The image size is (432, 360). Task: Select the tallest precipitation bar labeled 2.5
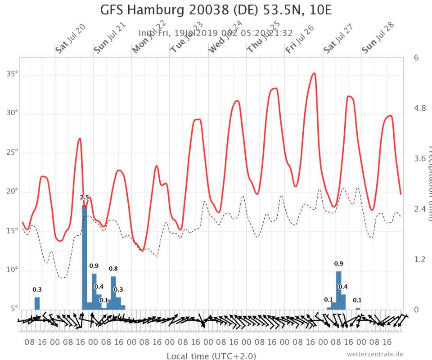(x=84, y=256)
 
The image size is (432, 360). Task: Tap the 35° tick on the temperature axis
(x=12, y=73)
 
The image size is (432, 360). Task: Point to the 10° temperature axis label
(x=12, y=270)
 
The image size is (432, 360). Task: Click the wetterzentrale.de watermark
(x=375, y=354)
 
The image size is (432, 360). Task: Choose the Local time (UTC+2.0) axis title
(x=211, y=356)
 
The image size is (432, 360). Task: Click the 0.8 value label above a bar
(x=113, y=269)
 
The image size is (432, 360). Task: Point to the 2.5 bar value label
(x=84, y=198)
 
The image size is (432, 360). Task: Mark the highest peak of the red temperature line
(x=314, y=73)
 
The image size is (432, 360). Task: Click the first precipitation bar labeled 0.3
(x=37, y=303)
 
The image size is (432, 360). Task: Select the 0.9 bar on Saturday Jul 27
(x=338, y=290)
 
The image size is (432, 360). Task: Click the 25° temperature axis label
(x=12, y=152)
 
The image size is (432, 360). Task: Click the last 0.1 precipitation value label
(x=357, y=300)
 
